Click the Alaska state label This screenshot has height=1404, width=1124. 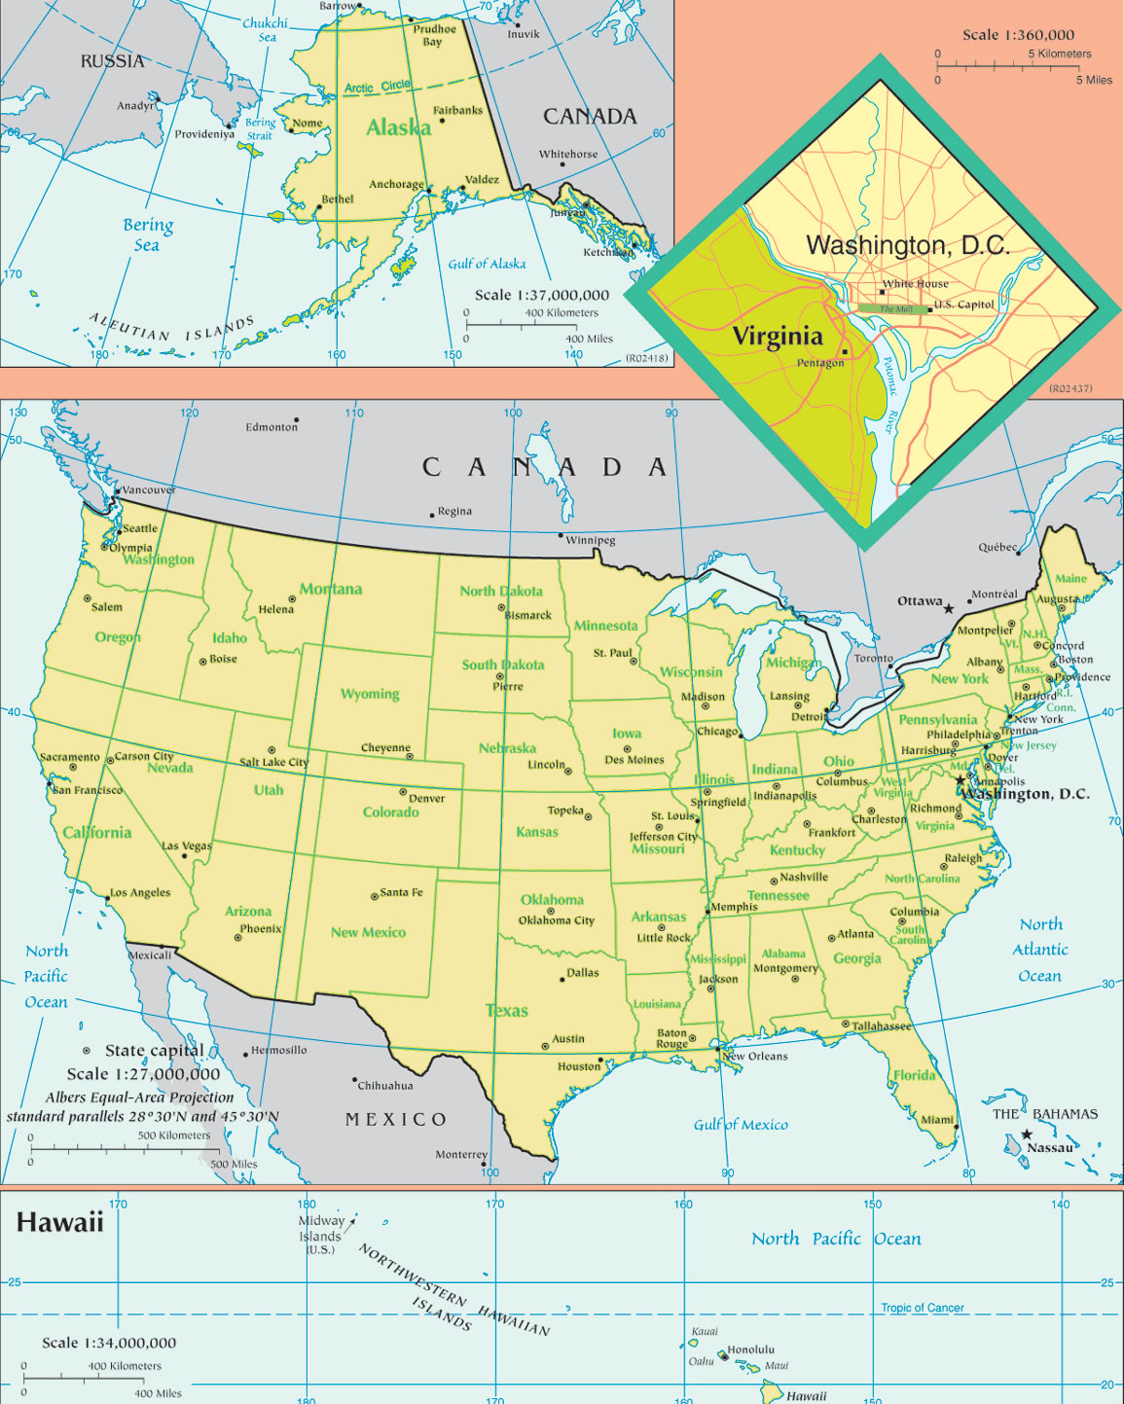click(398, 127)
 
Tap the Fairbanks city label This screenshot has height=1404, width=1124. click(457, 110)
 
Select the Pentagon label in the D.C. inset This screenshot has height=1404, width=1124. click(820, 363)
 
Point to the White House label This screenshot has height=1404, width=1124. click(915, 284)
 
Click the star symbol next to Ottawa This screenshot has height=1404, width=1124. click(949, 608)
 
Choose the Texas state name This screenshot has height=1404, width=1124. click(506, 1011)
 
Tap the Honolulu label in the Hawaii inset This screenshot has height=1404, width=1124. click(751, 1350)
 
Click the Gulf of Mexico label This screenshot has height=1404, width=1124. click(741, 1125)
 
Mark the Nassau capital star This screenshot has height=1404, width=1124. click(1027, 1134)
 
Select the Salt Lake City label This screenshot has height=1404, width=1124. click(273, 762)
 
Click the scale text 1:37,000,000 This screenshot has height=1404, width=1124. click(541, 295)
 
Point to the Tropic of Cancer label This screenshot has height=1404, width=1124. click(923, 1308)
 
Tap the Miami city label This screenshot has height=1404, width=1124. click(937, 1119)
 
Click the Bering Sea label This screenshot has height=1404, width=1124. click(148, 234)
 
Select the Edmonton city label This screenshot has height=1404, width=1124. click(272, 427)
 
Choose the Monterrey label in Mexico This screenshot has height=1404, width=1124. click(461, 1155)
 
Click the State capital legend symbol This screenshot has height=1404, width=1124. click(87, 1051)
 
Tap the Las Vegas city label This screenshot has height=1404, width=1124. click(187, 846)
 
